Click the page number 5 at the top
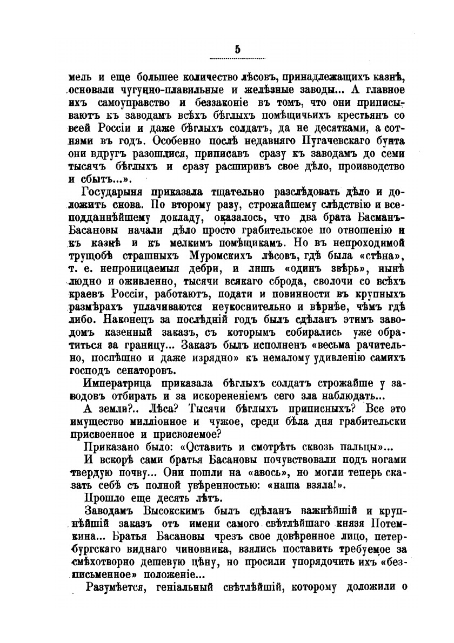point(237,50)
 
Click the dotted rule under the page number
point(237,58)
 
